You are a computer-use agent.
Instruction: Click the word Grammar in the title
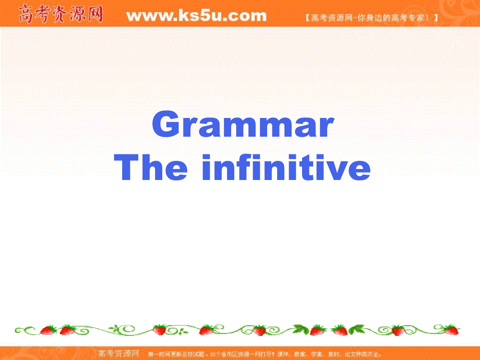pos(242,126)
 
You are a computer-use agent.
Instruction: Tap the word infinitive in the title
pos(285,168)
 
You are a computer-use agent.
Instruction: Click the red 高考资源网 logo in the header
pos(60,14)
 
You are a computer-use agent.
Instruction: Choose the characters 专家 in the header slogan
pos(417,17)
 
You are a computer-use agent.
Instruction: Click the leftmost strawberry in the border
pos(49,330)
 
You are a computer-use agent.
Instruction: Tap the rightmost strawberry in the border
pos(451,329)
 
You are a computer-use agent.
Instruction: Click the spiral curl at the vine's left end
pos(21,330)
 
